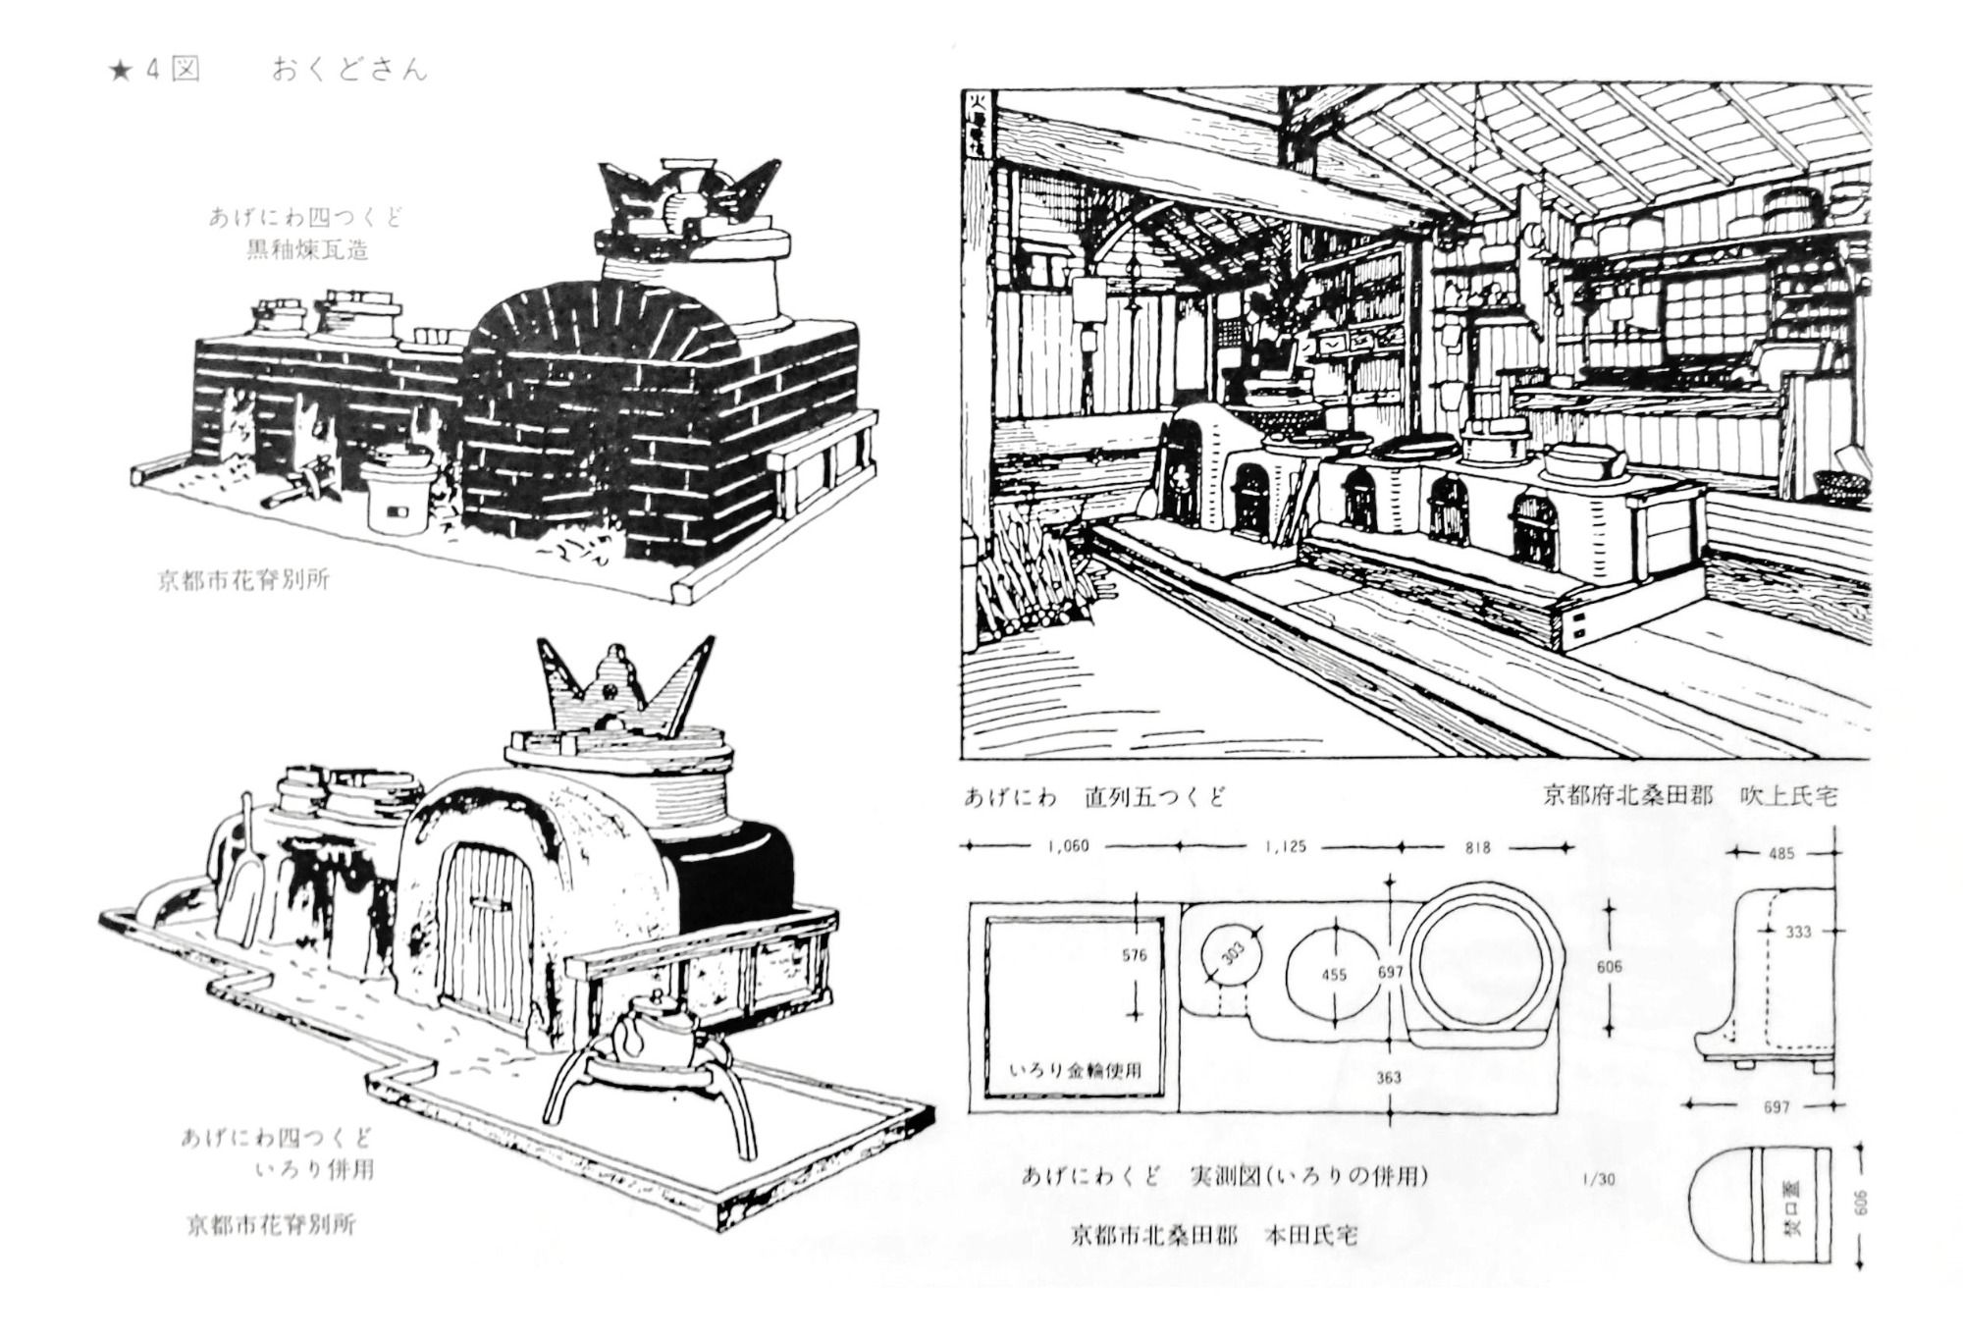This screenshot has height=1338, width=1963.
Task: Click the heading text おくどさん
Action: [x=349, y=71]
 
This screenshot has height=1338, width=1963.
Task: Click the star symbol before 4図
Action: [x=121, y=72]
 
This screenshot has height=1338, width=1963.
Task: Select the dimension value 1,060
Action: [x=1068, y=846]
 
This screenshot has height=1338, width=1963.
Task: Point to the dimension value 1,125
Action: [x=1285, y=846]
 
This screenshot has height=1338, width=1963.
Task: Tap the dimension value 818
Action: [x=1476, y=847]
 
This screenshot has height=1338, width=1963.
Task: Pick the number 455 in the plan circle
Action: [x=1334, y=975]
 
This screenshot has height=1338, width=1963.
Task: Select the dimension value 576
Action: [x=1134, y=955]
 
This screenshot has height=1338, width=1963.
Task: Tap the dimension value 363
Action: [x=1388, y=1077]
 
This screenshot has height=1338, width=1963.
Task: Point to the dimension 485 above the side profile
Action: [x=1780, y=854]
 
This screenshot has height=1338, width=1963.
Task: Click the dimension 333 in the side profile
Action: [x=1797, y=932]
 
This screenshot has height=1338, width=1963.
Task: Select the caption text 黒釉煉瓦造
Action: [x=307, y=250]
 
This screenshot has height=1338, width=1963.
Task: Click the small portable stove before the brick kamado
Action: [x=398, y=494]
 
